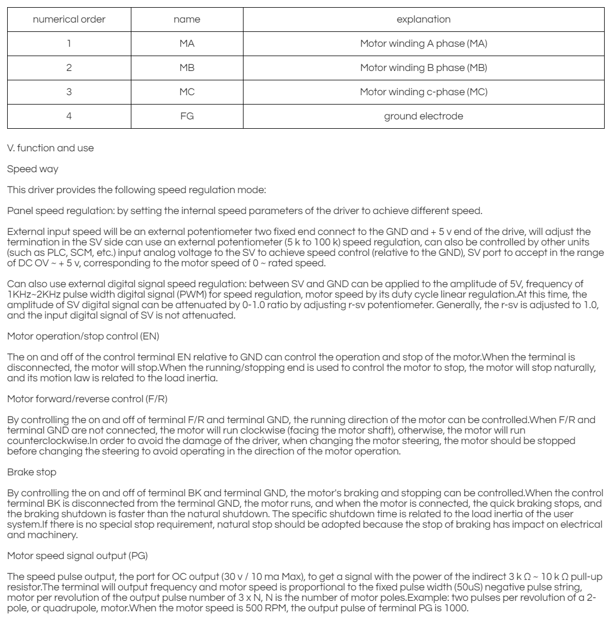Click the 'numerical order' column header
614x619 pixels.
[x=69, y=20]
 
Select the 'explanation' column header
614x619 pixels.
[x=423, y=20]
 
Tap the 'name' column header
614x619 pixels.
[x=187, y=20]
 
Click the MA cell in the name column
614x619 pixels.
[x=187, y=44]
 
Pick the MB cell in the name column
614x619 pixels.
[x=187, y=68]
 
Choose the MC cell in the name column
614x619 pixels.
[x=187, y=92]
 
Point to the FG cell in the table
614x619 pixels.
[x=187, y=116]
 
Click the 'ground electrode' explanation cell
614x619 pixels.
[x=423, y=116]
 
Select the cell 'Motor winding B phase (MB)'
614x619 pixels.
[x=423, y=68]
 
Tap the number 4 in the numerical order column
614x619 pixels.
[x=69, y=116]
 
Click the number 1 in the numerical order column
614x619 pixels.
[x=69, y=44]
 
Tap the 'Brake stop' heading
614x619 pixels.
[x=27, y=441]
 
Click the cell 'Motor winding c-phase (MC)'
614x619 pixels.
[x=423, y=92]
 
